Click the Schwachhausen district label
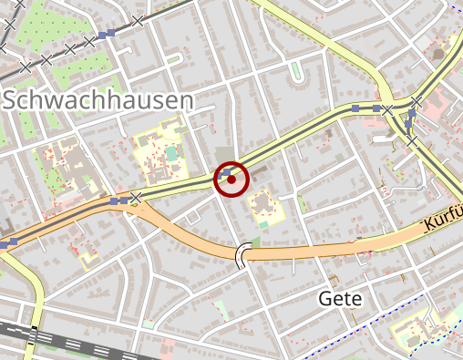coord(98,100)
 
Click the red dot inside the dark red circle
coord(231,180)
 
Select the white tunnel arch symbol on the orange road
coord(243,256)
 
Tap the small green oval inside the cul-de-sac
coord(296,70)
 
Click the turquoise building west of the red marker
coord(170,153)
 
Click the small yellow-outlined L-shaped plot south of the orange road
coord(89,259)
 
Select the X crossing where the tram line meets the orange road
coord(136,197)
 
